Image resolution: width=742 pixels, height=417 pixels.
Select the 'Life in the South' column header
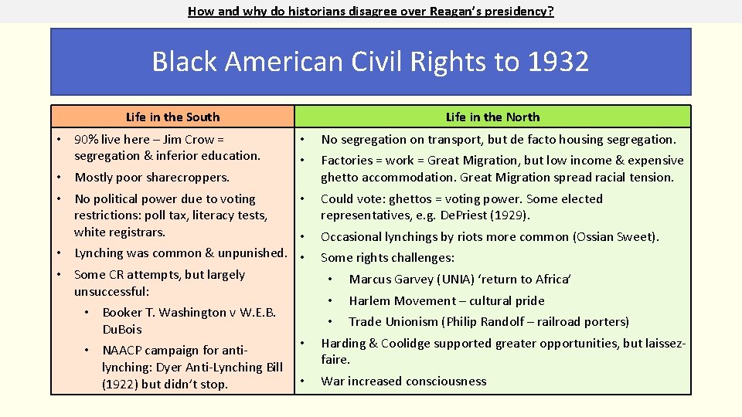point(172,117)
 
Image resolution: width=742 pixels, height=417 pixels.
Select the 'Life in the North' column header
point(492,117)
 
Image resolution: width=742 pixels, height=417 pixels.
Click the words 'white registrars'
point(120,232)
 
